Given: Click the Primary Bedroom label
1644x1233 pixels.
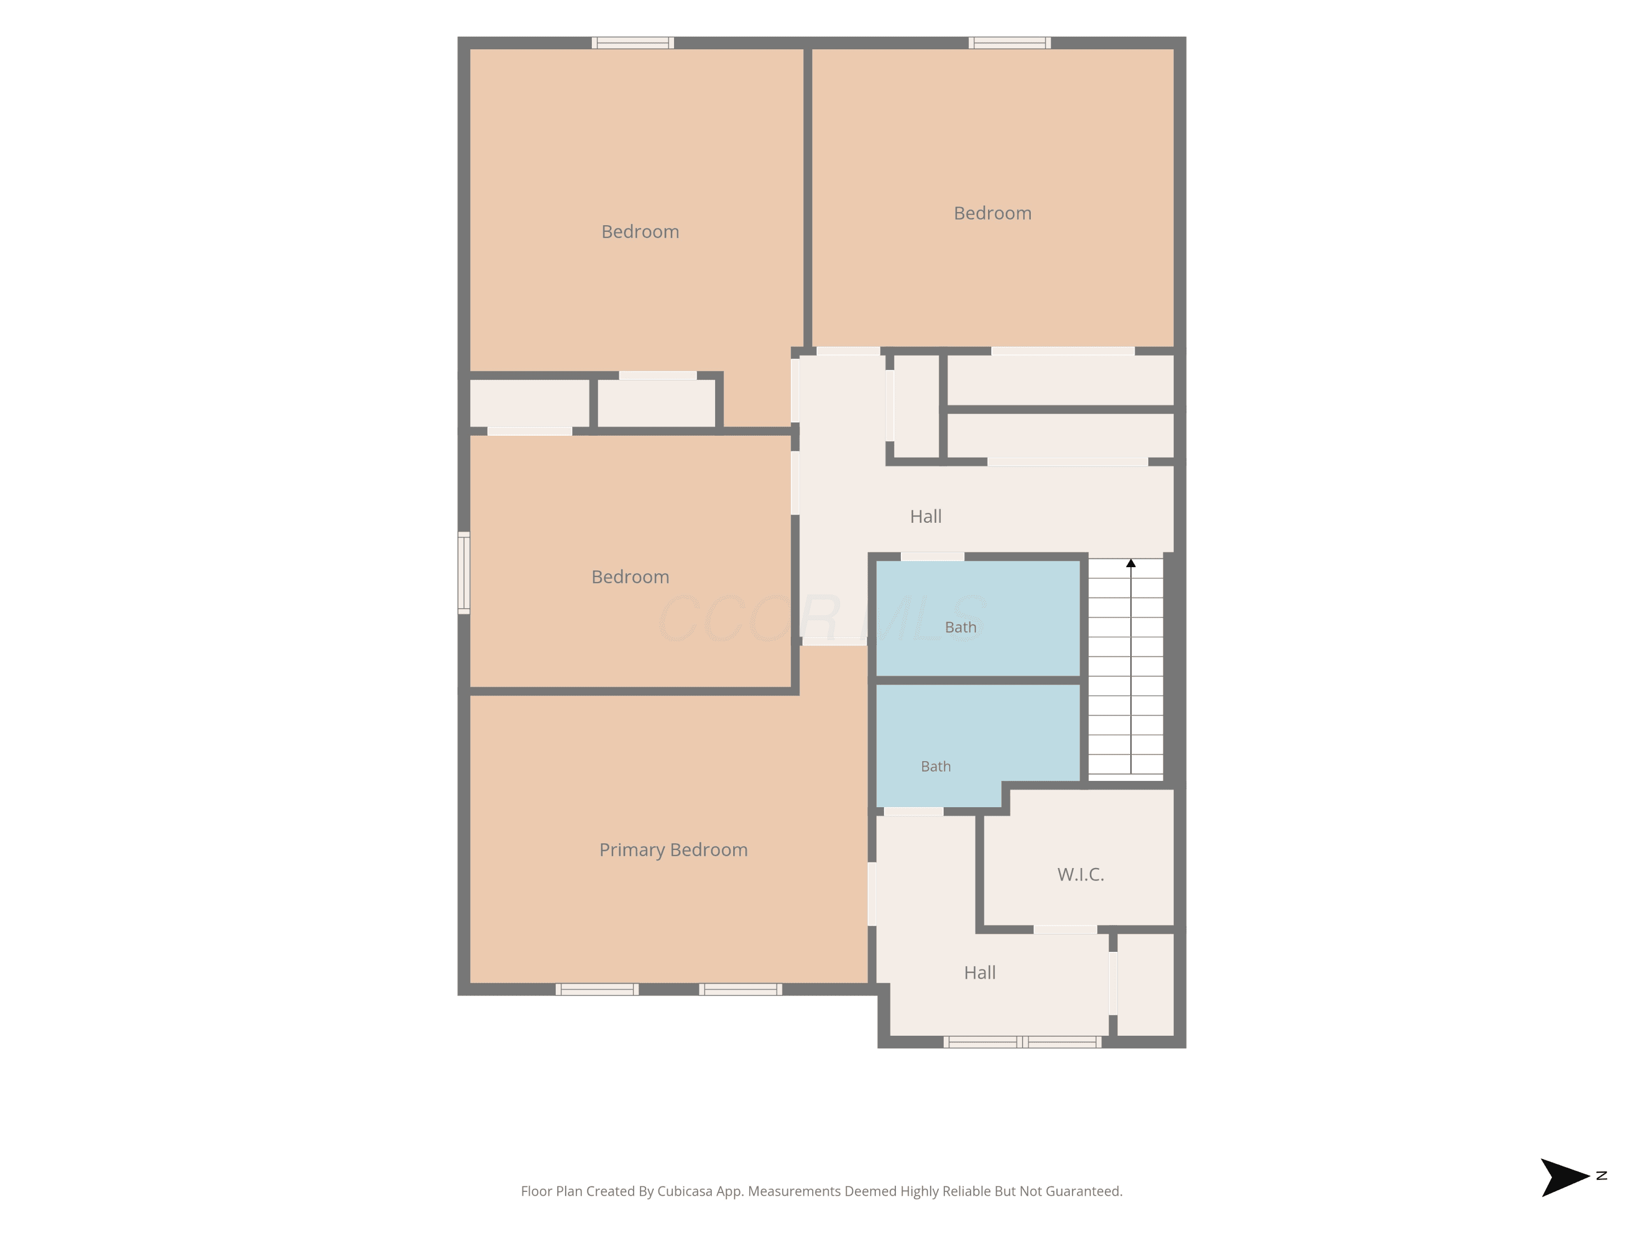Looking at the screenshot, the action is pyautogui.click(x=673, y=849).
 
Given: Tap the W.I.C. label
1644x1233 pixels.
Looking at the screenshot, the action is pyautogui.click(x=1081, y=874).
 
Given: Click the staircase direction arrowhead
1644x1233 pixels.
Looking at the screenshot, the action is pyautogui.click(x=1131, y=563).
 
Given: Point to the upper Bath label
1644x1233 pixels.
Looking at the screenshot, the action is pyautogui.click(x=960, y=627).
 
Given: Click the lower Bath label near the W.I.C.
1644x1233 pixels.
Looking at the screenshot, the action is pyautogui.click(x=936, y=766).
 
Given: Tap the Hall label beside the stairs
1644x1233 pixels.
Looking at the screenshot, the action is pyautogui.click(x=926, y=517).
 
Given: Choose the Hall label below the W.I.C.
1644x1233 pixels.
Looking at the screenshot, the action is pyautogui.click(x=980, y=972).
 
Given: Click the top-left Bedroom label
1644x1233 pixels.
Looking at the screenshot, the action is pyautogui.click(x=640, y=232).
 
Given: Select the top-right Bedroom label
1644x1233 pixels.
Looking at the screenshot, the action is pyautogui.click(x=992, y=213).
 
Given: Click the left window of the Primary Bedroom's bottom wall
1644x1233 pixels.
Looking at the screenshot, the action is pyautogui.click(x=597, y=989).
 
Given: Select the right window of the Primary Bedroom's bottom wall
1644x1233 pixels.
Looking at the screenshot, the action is pyautogui.click(x=740, y=989).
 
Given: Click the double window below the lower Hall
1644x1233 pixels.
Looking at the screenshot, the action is pyautogui.click(x=1023, y=1042).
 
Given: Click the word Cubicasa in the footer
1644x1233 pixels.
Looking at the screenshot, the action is pyautogui.click(x=684, y=1191).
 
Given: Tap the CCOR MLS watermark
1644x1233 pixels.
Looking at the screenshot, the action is pyautogui.click(x=822, y=618).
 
